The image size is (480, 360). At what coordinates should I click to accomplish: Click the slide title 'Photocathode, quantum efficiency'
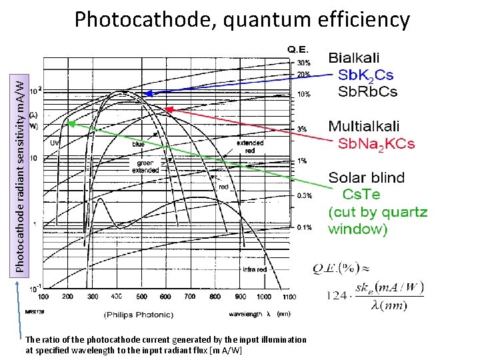[242, 19]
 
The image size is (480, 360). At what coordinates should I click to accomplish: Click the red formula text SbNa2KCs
[377, 143]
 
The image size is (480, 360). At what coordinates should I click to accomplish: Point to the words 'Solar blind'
[366, 177]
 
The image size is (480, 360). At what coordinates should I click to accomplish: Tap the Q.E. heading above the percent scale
[297, 49]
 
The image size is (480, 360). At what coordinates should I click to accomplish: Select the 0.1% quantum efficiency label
[303, 227]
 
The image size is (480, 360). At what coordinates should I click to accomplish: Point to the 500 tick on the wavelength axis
[142, 296]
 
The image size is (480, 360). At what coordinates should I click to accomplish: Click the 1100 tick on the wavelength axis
[287, 296]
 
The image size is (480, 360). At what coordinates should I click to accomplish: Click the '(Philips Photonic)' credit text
[138, 314]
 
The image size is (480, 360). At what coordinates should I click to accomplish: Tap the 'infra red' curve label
[255, 269]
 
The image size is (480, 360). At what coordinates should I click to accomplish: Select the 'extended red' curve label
[250, 146]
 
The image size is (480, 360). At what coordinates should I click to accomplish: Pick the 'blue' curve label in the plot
[138, 143]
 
